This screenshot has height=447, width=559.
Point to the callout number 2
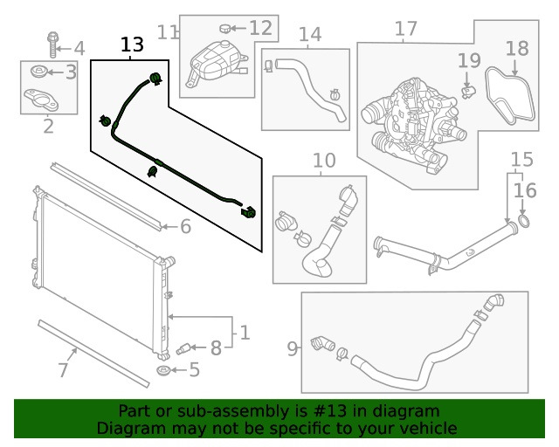48,127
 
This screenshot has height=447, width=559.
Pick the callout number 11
168,32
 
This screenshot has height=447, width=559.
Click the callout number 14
310,35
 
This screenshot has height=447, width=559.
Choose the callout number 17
406,30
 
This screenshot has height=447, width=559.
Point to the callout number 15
521,160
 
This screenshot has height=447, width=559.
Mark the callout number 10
323,161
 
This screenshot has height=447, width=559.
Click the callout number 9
292,349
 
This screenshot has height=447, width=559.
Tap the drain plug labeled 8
185,348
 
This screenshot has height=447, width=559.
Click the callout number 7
63,370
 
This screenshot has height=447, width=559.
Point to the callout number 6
185,227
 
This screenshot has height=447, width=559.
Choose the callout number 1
245,333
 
